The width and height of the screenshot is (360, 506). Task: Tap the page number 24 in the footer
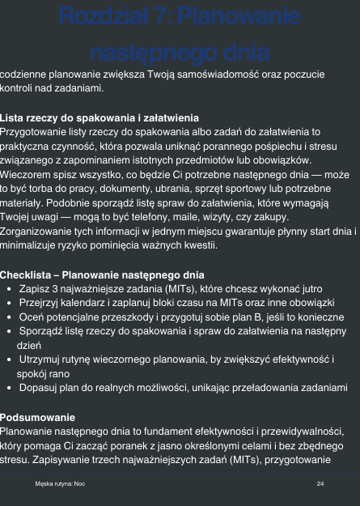321,483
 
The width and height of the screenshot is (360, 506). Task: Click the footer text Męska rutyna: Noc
61,483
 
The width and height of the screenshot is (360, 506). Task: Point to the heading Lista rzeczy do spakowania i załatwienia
100,118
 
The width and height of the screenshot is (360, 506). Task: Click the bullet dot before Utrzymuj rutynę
7,357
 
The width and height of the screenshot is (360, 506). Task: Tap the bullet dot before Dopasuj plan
7,388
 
